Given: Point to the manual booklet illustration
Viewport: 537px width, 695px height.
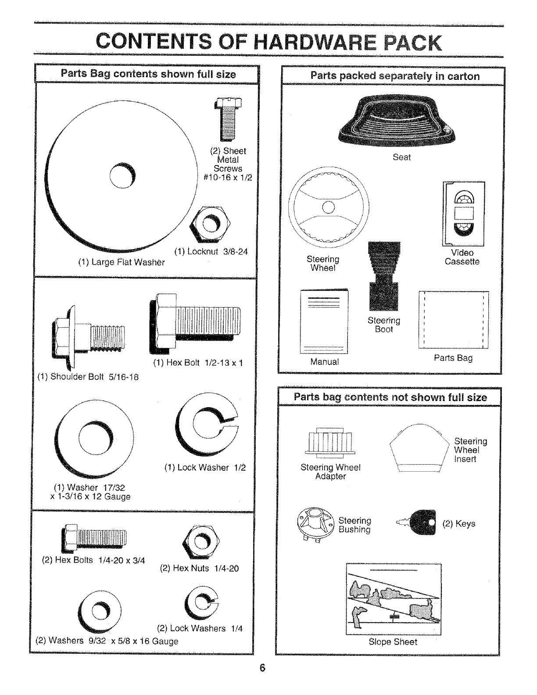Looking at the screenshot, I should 324,322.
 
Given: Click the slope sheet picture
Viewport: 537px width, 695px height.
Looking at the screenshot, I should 394,599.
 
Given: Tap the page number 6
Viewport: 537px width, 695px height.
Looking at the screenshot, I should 262,668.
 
